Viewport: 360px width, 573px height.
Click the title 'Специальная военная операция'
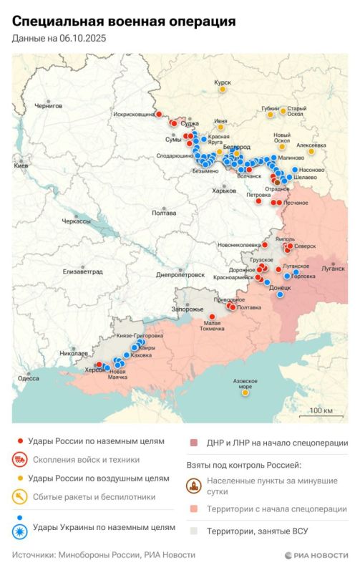pyautogui.click(x=123, y=23)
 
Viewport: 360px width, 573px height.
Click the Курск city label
pyautogui.click(x=223, y=82)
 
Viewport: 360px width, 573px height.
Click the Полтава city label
pyautogui.click(x=164, y=213)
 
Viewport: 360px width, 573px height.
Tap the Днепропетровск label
pyautogui.click(x=180, y=275)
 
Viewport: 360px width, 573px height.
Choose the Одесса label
pyautogui.click(x=29, y=378)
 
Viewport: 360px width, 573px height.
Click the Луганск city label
pyautogui.click(x=334, y=269)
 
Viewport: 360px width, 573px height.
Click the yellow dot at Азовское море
pyautogui.click(x=245, y=393)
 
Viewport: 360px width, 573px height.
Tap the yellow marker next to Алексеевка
pyautogui.click(x=311, y=151)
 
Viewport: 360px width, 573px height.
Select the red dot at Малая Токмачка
pyautogui.click(x=212, y=316)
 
